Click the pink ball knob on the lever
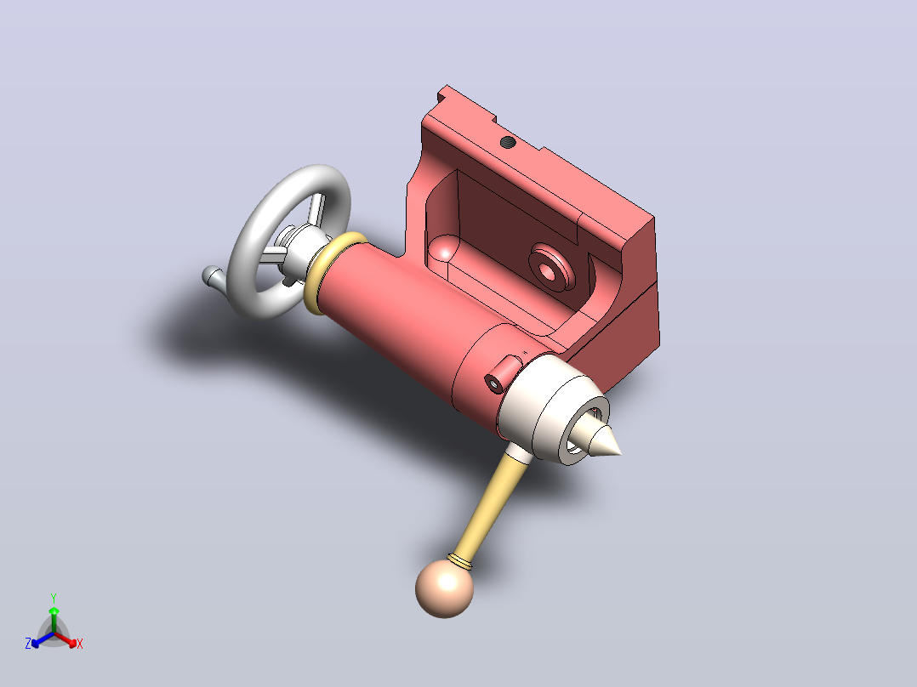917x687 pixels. pos(444,588)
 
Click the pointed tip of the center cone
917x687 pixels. pos(620,452)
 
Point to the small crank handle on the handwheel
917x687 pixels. pos(213,276)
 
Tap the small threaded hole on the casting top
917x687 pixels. pos(508,142)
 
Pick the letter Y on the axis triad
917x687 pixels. pos(54,598)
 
